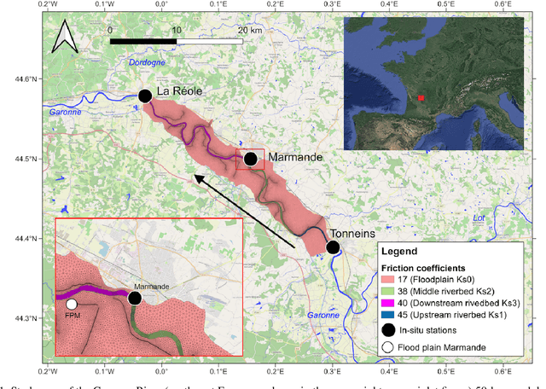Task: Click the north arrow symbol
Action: tap(65, 38)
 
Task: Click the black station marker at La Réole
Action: tap(145, 96)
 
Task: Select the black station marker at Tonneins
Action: tap(333, 247)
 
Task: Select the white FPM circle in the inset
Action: tap(72, 305)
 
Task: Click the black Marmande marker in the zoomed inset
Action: tap(134, 298)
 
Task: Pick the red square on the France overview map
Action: tap(420, 98)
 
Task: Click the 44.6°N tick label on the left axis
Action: tap(26, 79)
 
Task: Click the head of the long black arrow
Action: tap(194, 177)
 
